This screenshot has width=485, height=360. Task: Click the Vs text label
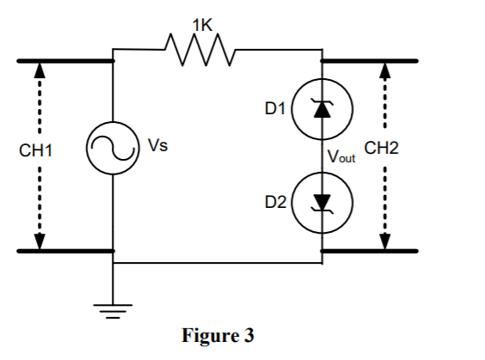pos(157,145)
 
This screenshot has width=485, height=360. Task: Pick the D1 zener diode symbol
pos(322,108)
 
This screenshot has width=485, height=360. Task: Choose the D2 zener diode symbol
pos(322,202)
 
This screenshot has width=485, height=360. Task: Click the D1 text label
pos(274,108)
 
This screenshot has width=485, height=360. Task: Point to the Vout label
pos(341,157)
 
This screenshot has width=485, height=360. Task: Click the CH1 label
pos(36,151)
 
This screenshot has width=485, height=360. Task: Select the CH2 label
pos(382,148)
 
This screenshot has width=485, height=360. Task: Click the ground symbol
pos(113,311)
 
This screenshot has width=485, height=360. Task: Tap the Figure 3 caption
pos(218,335)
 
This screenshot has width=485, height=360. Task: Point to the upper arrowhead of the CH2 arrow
pos(384,70)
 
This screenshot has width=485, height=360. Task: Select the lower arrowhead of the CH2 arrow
pos(384,241)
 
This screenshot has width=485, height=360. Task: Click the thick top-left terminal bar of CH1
pos(64,61)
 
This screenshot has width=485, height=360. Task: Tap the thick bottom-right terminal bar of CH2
pos(369,252)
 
